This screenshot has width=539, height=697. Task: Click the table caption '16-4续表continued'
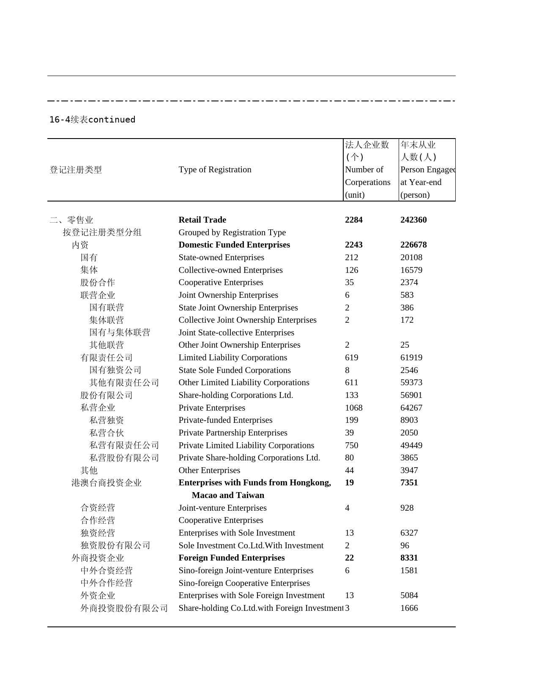[92, 120]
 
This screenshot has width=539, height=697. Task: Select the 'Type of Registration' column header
[215, 169]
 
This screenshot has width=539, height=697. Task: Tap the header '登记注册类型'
[76, 170]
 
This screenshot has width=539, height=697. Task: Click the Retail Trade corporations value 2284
[353, 220]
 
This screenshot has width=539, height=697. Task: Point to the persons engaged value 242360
[413, 220]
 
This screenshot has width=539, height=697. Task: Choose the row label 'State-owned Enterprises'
[221, 257]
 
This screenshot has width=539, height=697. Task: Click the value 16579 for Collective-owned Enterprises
[411, 270]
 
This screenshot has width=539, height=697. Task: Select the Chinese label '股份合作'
[98, 283]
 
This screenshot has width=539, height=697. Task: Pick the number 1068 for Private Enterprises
[353, 408]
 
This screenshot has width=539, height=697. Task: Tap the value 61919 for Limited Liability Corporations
[411, 357]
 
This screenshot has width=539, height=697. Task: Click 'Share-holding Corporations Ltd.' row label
[235, 395]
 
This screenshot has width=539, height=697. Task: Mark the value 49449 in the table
[411, 445]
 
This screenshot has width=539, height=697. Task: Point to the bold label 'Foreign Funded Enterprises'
[231, 558]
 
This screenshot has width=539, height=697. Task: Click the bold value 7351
[409, 482]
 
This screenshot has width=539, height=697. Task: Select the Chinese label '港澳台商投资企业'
[107, 483]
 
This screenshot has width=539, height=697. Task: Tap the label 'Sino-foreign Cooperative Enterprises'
[244, 583]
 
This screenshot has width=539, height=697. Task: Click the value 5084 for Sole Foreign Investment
[409, 595]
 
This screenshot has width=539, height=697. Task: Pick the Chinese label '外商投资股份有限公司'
[124, 608]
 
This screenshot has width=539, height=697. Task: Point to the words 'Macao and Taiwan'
[228, 495]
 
